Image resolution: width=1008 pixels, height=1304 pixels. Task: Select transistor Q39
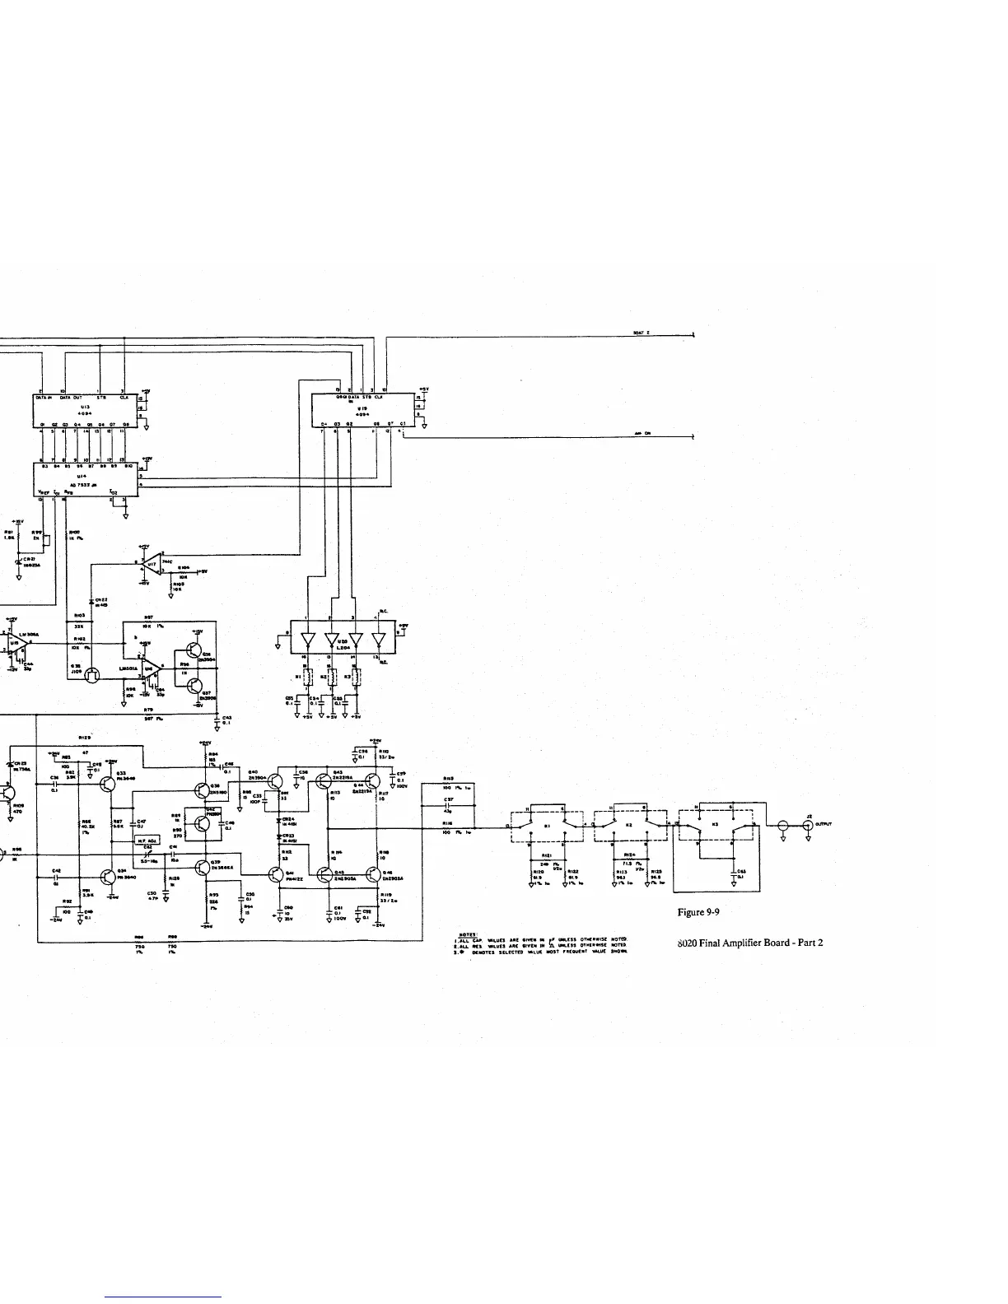point(203,866)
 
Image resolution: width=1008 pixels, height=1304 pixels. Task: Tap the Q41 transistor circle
point(276,874)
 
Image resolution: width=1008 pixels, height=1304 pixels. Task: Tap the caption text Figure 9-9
point(702,912)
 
